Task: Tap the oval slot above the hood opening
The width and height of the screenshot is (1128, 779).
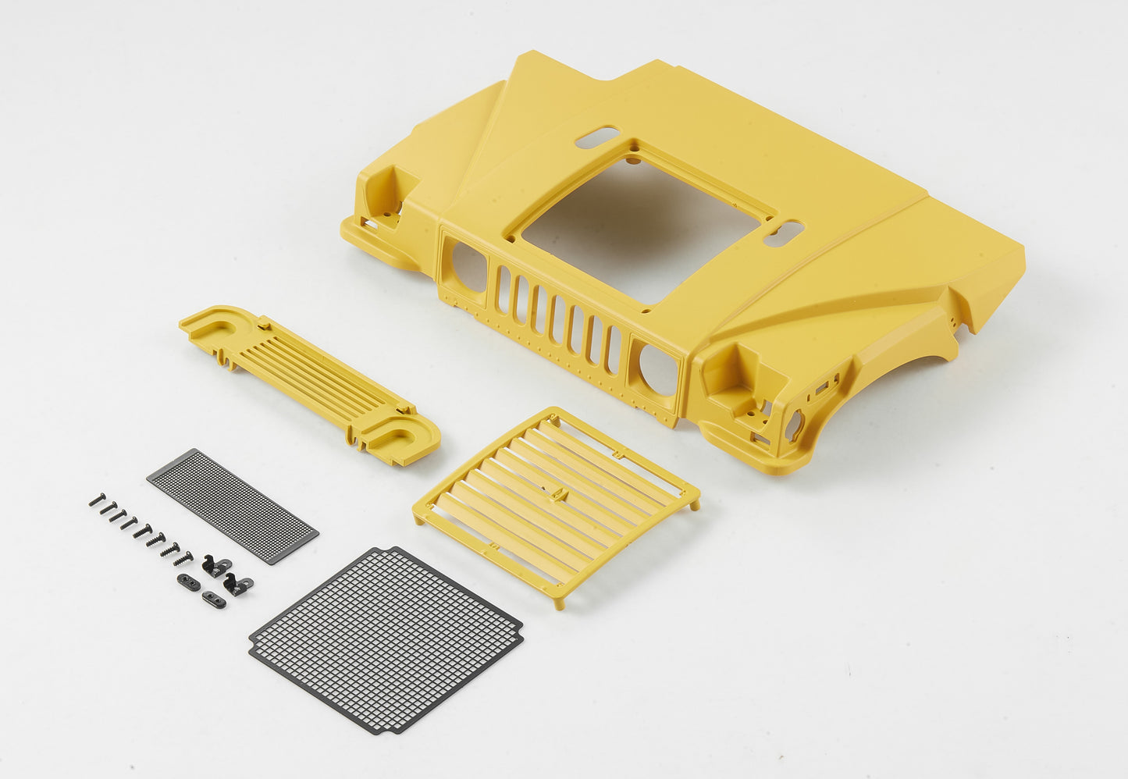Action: [x=597, y=137]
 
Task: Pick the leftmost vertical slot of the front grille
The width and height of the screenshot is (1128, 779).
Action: [x=504, y=288]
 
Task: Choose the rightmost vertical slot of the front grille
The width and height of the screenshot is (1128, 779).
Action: [x=614, y=349]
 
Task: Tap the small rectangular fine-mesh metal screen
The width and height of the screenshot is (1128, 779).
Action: [x=232, y=505]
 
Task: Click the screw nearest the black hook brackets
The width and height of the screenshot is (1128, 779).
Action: [x=184, y=557]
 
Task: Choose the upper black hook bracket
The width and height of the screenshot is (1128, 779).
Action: [x=214, y=565]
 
